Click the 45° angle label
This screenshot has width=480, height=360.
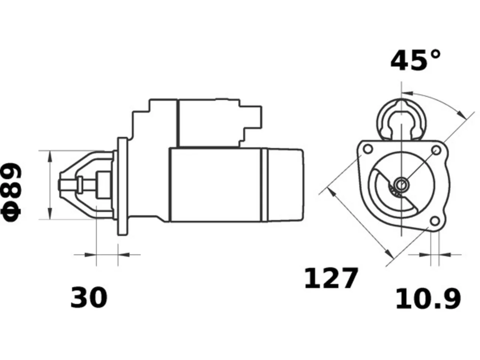[415, 60]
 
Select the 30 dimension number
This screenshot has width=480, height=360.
[89, 297]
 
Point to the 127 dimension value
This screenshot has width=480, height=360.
[331, 278]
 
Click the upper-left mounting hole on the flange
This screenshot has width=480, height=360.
[367, 149]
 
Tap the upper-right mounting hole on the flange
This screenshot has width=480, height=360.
[436, 150]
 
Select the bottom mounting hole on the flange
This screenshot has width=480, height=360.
[435, 221]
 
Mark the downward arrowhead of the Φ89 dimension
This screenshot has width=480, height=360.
[50, 213]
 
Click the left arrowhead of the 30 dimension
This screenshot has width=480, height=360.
[90, 255]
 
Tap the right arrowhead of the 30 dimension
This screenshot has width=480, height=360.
[124, 255]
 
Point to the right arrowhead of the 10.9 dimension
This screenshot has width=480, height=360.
[445, 255]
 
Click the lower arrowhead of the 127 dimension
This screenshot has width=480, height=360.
[389, 253]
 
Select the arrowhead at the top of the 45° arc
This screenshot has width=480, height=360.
[407, 93]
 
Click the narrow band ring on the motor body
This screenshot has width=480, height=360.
[265, 185]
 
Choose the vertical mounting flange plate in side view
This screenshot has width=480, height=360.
[123, 186]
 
